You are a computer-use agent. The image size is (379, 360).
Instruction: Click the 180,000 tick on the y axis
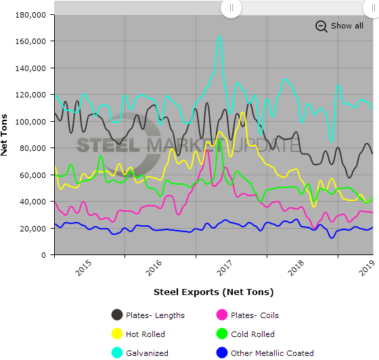tap(31, 15)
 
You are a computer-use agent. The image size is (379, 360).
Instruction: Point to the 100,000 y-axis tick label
tap(31, 121)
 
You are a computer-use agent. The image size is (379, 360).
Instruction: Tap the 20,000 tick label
tap(34, 228)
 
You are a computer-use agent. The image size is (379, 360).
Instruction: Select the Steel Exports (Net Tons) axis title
tap(213, 292)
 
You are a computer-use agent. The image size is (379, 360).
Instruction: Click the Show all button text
tap(347, 26)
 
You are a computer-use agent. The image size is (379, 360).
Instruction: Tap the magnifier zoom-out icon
tap(321, 26)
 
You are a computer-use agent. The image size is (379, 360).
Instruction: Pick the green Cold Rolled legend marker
tap(219, 334)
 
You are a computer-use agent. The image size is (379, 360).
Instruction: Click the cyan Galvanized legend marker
tap(117, 353)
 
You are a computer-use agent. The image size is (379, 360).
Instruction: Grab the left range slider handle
tap(231, 8)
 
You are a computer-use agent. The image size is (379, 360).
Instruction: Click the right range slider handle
tap(366, 8)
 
